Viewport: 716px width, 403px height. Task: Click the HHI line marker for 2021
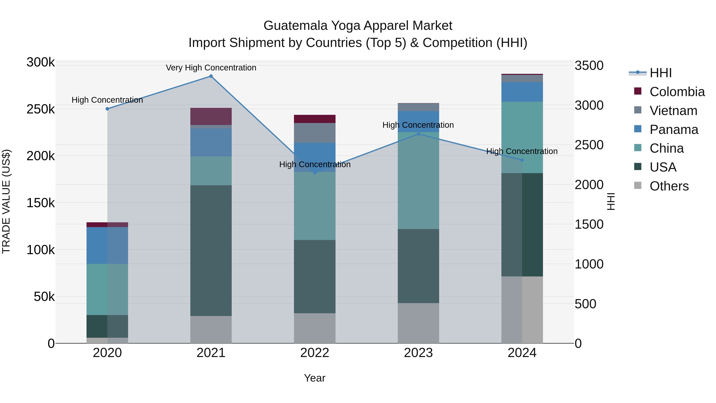[211, 76]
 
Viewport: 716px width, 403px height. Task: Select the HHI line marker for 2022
[315, 173]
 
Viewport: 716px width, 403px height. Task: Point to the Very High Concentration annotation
[211, 68]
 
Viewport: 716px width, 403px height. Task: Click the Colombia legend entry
[677, 92]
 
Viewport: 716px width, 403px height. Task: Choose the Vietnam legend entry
[673, 111]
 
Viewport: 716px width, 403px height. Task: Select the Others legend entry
[669, 186]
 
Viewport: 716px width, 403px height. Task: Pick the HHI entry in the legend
[660, 73]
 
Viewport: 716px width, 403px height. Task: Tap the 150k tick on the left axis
[41, 203]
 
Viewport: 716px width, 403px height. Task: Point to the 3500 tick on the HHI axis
[589, 66]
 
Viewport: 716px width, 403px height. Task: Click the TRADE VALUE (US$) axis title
[6, 202]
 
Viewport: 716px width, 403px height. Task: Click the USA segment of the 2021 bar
[211, 250]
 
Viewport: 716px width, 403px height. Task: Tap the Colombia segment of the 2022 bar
[315, 119]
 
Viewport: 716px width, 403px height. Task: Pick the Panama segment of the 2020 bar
[107, 245]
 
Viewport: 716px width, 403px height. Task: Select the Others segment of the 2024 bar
[522, 309]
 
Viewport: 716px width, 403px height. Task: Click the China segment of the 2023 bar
[418, 181]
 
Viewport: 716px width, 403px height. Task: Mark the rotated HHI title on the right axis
[611, 202]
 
